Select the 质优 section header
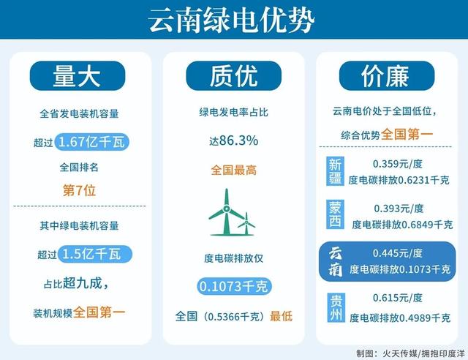coord(233,76)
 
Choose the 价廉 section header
coord(385,76)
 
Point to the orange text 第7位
coord(80,190)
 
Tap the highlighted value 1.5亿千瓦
coord(94,254)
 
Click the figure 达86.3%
coord(233,140)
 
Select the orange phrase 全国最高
coord(233,170)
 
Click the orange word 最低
coord(281,316)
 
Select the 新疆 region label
coord(335,172)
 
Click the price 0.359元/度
coord(397,164)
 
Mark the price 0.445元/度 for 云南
coord(397,253)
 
